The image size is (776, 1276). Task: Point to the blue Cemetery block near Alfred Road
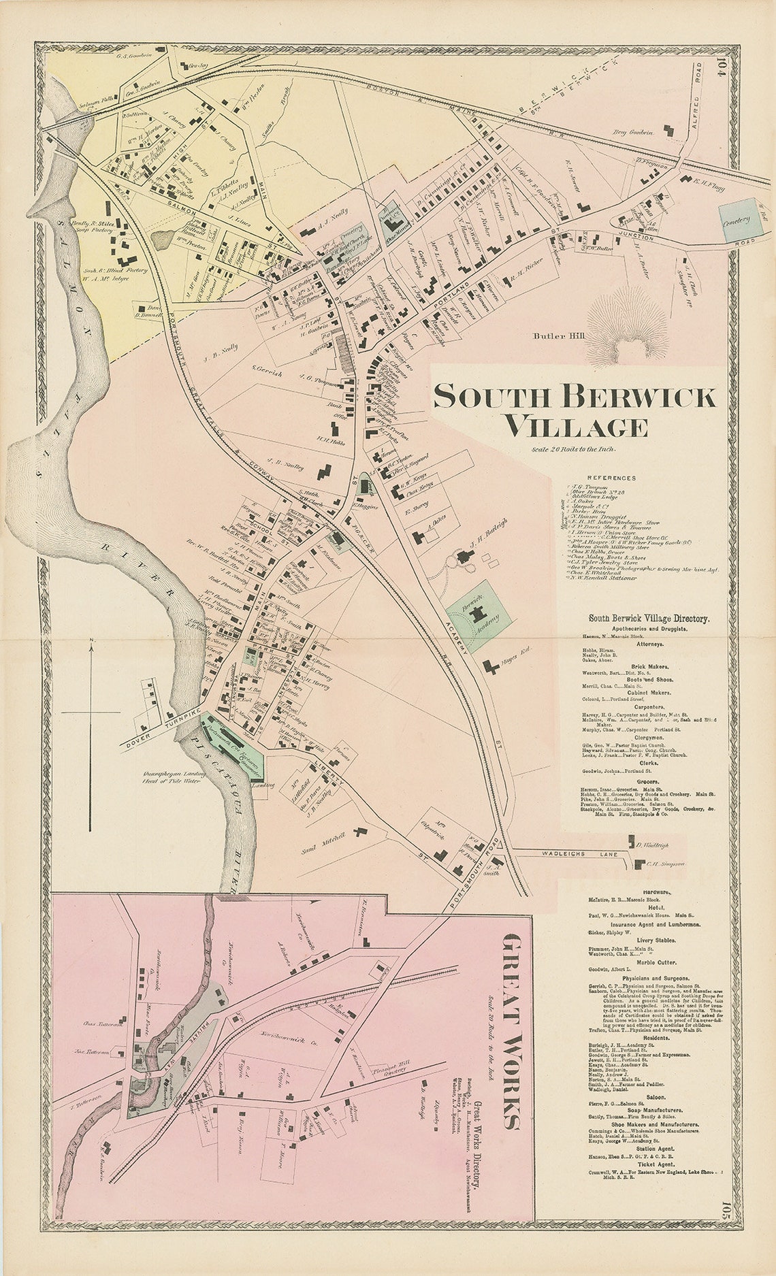pyautogui.click(x=739, y=220)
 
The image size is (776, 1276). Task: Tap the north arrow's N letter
pyautogui.click(x=91, y=642)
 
